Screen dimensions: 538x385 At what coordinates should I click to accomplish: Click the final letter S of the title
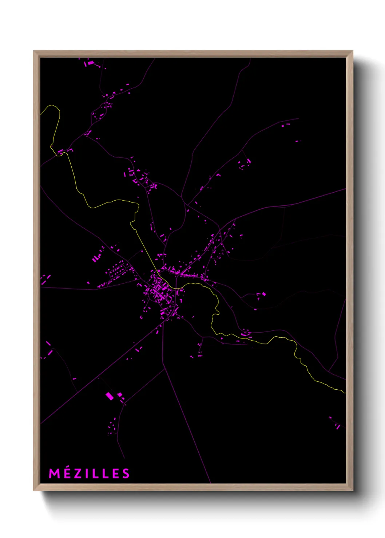(x=126, y=473)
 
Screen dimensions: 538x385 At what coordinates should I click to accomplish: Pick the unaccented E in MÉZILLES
(x=115, y=473)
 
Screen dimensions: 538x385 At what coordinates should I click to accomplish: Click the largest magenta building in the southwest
(x=110, y=396)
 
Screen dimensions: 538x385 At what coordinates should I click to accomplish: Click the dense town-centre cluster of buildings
(x=160, y=291)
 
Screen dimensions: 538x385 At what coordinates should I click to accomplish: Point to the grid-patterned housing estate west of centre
(x=119, y=271)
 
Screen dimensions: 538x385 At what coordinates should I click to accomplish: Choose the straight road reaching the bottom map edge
(x=193, y=436)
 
